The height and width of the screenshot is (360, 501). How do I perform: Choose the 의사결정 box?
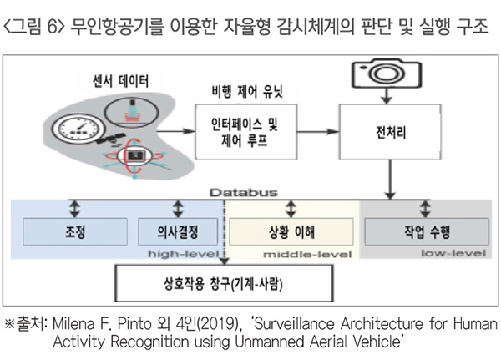(x=178, y=230)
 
